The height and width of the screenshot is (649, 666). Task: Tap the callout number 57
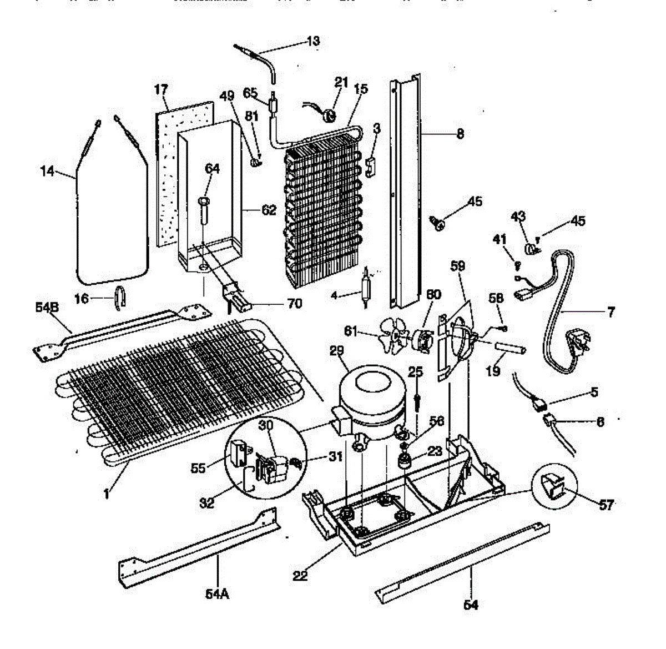coord(607,505)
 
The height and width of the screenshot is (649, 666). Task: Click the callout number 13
coord(313,41)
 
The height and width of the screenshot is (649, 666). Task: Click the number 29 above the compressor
coord(337,351)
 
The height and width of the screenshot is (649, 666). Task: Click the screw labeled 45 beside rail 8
coord(438,224)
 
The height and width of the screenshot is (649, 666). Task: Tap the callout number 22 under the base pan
coord(300,576)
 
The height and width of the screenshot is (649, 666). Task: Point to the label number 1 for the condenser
coord(107,492)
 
